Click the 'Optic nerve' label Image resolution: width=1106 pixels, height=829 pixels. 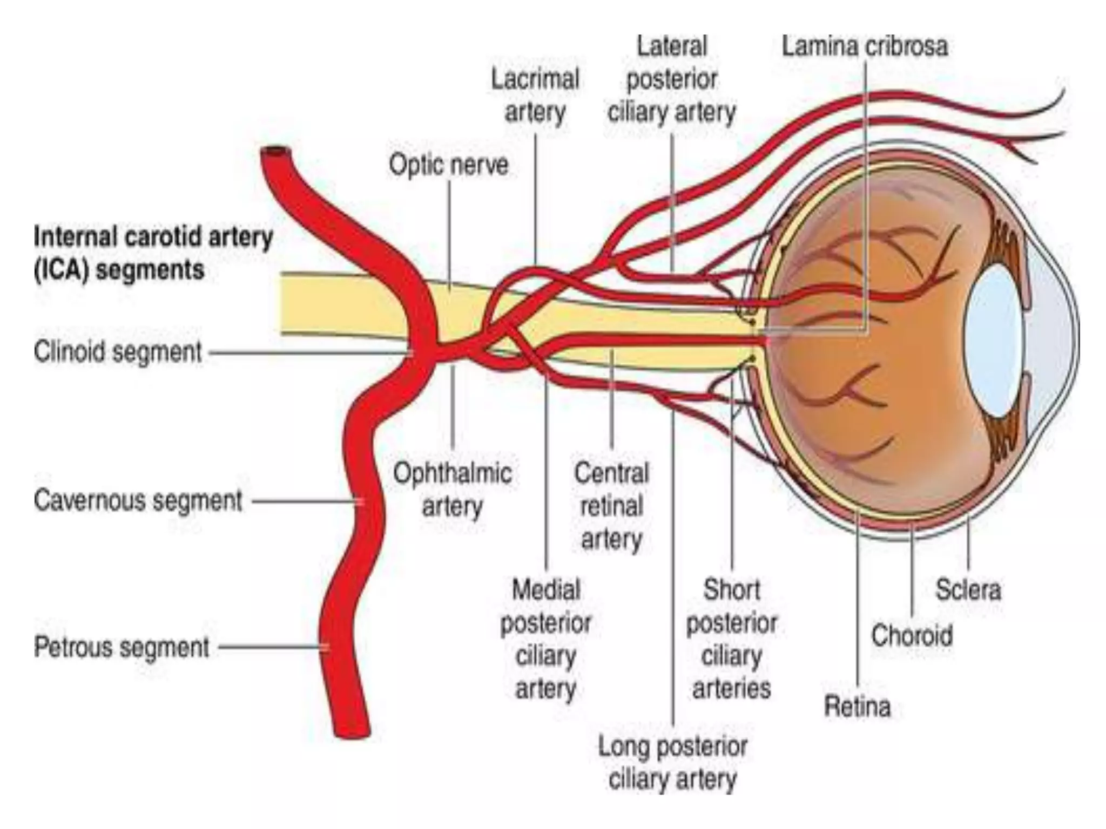tap(449, 165)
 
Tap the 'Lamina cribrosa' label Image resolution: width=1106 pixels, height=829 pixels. tap(865, 46)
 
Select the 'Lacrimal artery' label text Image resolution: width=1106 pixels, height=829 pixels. tap(535, 96)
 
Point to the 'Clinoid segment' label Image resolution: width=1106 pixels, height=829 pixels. tap(118, 352)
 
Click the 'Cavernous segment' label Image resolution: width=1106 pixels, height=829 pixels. tap(138, 500)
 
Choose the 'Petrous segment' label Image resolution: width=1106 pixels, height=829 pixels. tap(122, 647)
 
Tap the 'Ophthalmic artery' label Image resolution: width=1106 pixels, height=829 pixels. tap(452, 490)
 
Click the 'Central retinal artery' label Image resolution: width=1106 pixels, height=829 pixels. tap(611, 506)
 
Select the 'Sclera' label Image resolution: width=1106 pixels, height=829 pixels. tap(968, 589)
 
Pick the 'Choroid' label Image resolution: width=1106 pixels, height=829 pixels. tap(912, 635)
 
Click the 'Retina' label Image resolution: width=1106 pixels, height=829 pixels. tap(857, 706)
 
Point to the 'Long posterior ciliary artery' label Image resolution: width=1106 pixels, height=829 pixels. tap(673, 763)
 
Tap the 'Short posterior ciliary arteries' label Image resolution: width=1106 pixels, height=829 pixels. tap(732, 639)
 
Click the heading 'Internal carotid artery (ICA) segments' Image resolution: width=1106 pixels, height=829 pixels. tap(153, 253)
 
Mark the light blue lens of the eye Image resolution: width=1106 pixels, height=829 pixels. tap(994, 341)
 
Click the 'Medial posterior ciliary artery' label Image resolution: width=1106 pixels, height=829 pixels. tap(545, 639)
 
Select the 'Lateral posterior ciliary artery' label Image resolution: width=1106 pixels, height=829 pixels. tap(672, 79)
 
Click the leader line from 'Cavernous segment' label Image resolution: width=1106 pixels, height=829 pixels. tap(305, 501)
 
